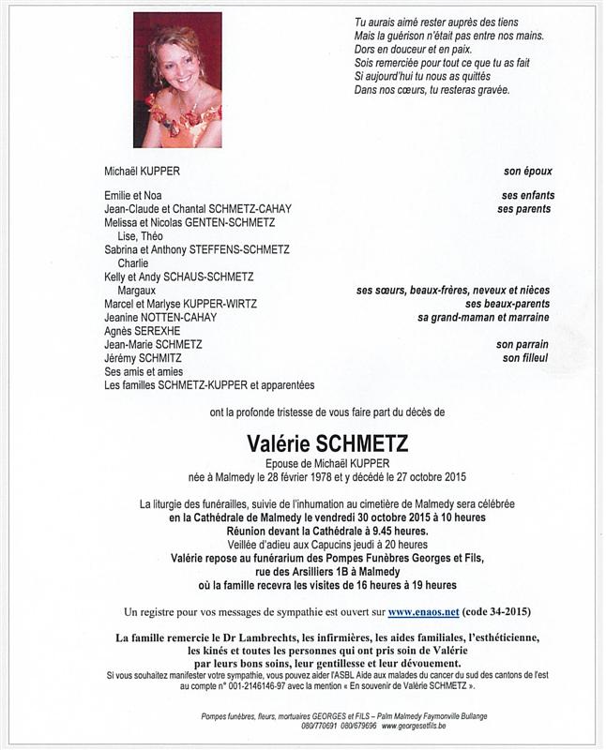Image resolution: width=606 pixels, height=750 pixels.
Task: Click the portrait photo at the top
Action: click(x=177, y=80)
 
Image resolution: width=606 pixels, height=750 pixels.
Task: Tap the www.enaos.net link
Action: click(x=423, y=612)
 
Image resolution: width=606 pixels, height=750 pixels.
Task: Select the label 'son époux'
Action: click(x=527, y=172)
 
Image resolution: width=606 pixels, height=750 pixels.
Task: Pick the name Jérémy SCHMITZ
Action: click(x=144, y=358)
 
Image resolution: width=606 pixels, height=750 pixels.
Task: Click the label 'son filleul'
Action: click(x=526, y=358)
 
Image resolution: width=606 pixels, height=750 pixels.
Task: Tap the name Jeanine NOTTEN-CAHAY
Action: click(x=160, y=318)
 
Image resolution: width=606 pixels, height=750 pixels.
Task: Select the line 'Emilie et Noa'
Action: click(x=133, y=195)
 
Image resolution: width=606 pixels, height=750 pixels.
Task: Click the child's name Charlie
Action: click(x=133, y=263)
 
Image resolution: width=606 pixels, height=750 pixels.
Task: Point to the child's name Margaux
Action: click(x=137, y=291)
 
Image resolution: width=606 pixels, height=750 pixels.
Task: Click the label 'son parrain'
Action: click(x=523, y=344)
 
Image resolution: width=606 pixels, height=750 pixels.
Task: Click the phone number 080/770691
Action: click(x=320, y=726)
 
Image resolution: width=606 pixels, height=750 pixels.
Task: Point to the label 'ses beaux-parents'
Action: click(x=508, y=304)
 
